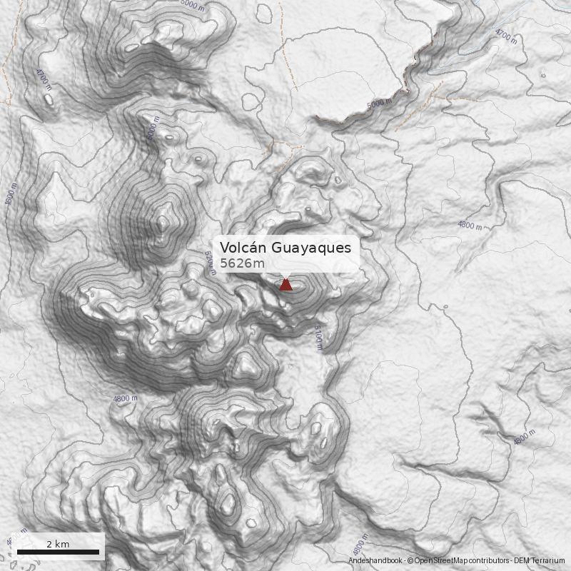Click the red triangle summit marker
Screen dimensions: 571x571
coord(285,285)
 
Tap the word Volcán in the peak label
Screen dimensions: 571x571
coord(243,248)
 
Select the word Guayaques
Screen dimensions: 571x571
coord(311,248)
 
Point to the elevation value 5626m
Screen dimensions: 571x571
coord(242,264)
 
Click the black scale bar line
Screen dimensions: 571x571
coord(58,552)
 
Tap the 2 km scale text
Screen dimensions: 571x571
coord(58,544)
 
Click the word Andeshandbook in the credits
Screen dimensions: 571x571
coord(375,562)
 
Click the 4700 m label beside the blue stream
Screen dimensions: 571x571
coord(505,36)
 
